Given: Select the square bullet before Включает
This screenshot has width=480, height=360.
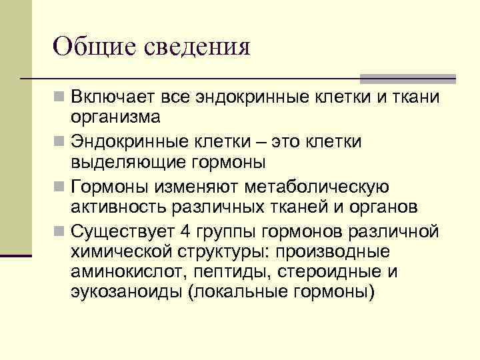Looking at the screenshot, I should [x=61, y=98].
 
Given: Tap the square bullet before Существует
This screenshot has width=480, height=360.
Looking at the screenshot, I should [x=61, y=232].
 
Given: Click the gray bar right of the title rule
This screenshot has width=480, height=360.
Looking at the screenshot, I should [x=408, y=79].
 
